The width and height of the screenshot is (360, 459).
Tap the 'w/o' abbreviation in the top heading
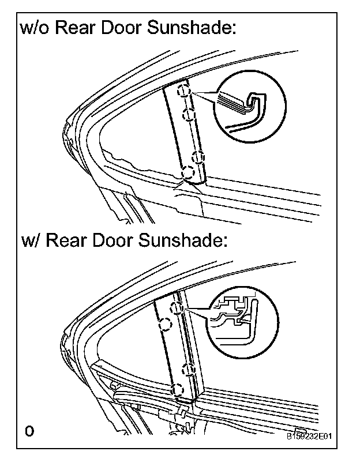(35, 28)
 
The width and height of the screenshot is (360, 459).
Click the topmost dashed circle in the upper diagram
(183, 91)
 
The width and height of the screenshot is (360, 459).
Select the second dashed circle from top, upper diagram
(187, 114)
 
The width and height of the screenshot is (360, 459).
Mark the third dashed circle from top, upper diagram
(198, 156)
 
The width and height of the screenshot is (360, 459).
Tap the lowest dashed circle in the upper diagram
(187, 172)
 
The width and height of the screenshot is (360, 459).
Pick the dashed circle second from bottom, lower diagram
(186, 368)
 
